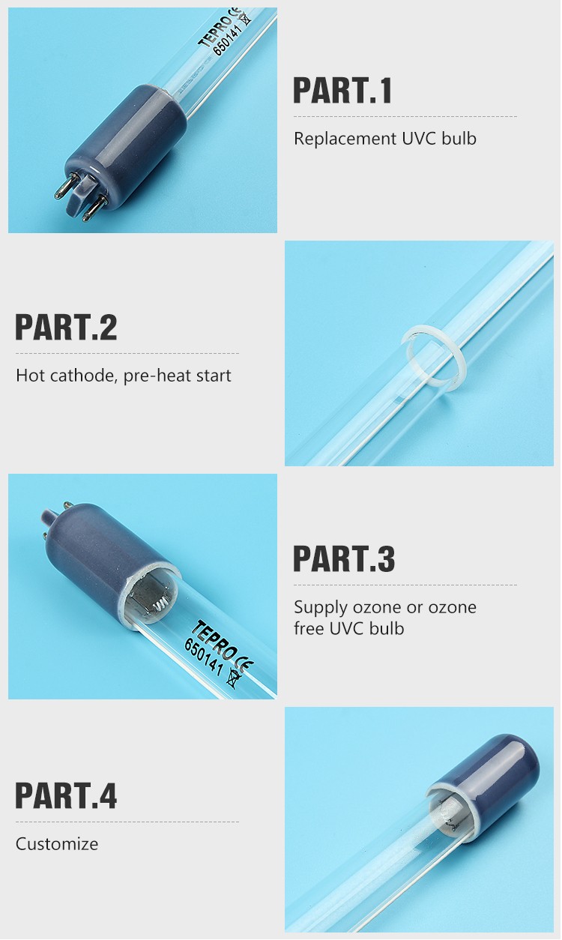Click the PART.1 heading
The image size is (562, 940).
pyautogui.click(x=342, y=90)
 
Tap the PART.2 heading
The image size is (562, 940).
pyautogui.click(x=66, y=328)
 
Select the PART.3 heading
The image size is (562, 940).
pyautogui.click(x=343, y=559)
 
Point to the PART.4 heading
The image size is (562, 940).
pyautogui.click(x=66, y=795)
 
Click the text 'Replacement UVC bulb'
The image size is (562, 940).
pyautogui.click(x=384, y=139)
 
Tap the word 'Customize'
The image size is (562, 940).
pyautogui.click(x=57, y=844)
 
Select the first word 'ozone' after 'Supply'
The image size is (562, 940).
pyautogui.click(x=372, y=607)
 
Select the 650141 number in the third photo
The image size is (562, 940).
pyautogui.click(x=205, y=657)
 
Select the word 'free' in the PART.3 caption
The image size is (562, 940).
pyautogui.click(x=309, y=629)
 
